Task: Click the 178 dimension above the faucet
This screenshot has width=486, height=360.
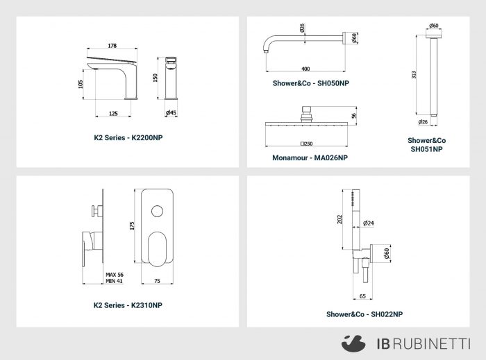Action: coord(112,46)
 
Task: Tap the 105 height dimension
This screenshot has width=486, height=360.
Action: coord(81,84)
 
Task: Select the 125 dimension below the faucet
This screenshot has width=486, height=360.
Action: coord(113,114)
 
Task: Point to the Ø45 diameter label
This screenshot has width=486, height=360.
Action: coord(171,112)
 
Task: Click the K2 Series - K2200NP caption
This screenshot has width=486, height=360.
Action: coord(128,138)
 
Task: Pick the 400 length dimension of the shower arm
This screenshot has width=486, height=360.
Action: coord(305,69)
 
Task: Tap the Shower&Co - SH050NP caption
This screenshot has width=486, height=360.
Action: coord(311,83)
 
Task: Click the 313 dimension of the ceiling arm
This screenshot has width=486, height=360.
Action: coord(414,75)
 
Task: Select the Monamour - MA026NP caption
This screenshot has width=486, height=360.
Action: coord(310,158)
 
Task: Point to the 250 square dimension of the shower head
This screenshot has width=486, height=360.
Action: coord(307,144)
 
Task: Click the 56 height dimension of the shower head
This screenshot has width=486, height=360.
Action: coord(353,116)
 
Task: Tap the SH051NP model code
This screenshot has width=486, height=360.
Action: coord(427,149)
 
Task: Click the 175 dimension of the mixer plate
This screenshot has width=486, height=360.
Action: coord(132,225)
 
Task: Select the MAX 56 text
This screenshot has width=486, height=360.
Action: coord(115,275)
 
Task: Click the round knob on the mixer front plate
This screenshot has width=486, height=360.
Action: coord(157,211)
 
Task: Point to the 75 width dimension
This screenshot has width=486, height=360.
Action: coord(157,281)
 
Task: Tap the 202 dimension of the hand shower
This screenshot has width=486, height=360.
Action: coord(340,219)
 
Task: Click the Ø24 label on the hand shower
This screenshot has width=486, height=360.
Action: coord(369,223)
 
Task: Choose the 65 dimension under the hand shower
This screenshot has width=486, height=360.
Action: coord(362,296)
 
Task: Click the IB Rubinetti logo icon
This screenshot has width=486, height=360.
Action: coord(353,343)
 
